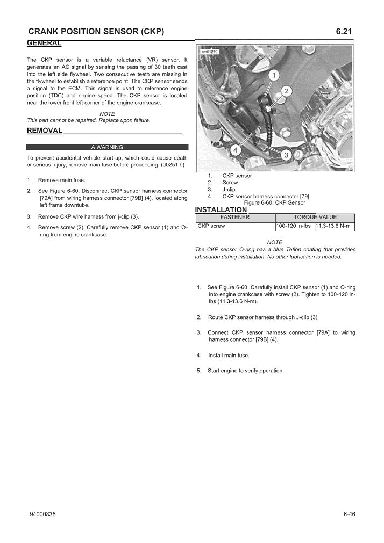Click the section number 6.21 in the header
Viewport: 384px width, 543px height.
click(344, 32)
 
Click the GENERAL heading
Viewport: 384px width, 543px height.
click(44, 42)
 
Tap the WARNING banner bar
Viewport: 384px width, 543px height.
click(107, 147)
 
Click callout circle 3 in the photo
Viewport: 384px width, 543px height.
click(286, 155)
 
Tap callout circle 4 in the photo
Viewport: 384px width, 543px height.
click(235, 150)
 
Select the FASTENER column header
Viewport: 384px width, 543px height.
click(235, 217)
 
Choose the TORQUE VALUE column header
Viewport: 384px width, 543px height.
click(315, 217)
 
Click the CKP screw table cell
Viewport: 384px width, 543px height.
click(211, 226)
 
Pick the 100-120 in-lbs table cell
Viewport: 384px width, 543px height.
click(294, 226)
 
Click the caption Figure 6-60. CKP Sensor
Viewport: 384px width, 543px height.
click(274, 203)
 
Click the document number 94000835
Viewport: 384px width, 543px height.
click(43, 514)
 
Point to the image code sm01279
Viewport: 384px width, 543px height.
click(210, 52)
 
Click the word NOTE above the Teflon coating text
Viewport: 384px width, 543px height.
click(274, 242)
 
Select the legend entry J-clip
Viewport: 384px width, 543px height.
click(229, 190)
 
